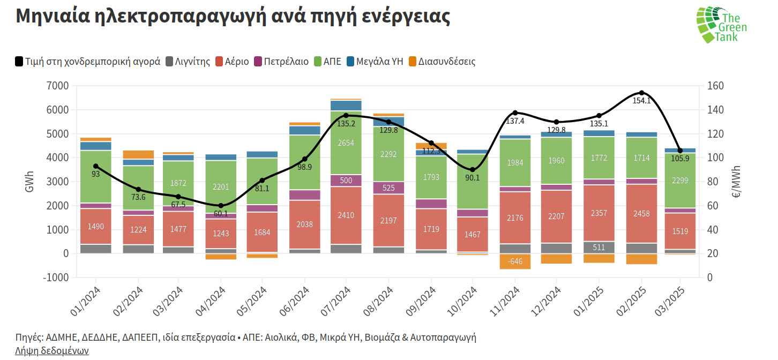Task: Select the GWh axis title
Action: tap(31, 182)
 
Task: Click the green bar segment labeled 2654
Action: tap(346, 143)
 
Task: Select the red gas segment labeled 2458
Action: tap(641, 214)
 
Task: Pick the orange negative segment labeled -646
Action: tap(515, 261)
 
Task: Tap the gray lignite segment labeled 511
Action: tap(599, 247)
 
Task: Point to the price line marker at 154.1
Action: tap(641, 93)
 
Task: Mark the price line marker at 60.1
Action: tap(221, 206)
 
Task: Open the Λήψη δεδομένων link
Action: tap(52, 351)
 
